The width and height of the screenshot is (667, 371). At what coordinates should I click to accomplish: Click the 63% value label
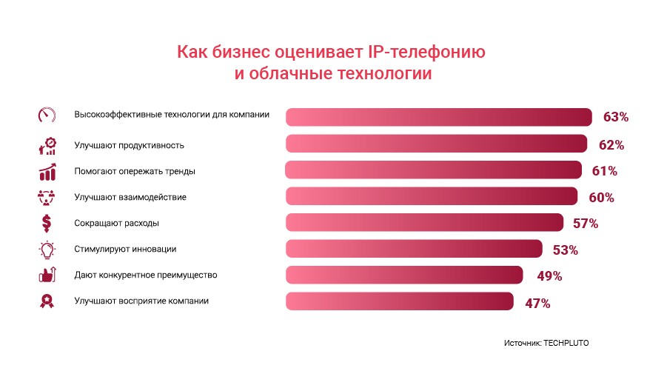point(615,117)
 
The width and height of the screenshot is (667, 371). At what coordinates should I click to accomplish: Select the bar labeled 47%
point(399,301)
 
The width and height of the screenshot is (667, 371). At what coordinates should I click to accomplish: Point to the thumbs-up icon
point(47,275)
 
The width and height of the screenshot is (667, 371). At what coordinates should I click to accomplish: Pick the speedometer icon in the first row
point(47,116)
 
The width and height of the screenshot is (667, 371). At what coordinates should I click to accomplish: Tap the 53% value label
point(565,250)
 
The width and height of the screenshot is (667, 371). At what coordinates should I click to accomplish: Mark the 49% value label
point(549,276)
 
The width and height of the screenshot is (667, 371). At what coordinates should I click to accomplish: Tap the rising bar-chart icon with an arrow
point(47,171)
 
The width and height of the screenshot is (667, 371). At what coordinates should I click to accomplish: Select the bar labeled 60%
point(432,196)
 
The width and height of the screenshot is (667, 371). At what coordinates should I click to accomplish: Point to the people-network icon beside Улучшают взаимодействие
point(47,197)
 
